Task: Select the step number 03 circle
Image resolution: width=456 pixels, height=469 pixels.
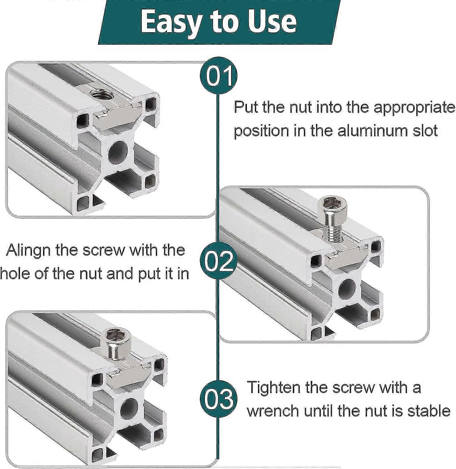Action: pos(219,399)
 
